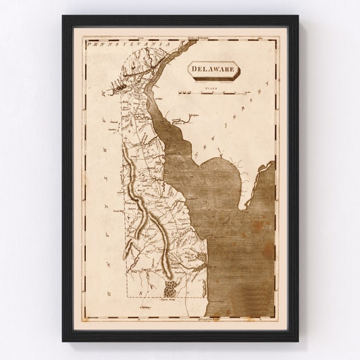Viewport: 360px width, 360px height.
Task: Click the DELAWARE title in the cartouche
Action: click(x=213, y=69)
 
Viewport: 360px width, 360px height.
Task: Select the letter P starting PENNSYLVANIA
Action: click(x=90, y=45)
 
